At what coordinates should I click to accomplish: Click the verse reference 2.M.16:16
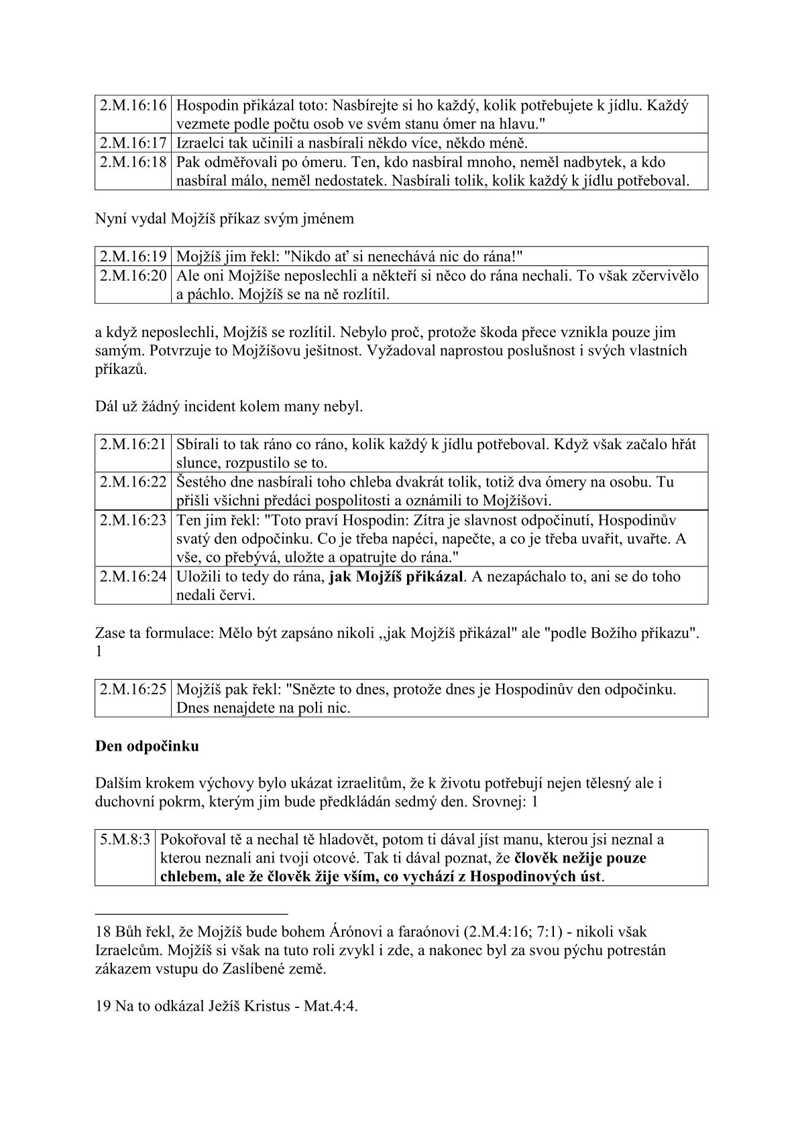pyautogui.click(x=133, y=106)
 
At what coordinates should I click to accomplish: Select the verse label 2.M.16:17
pyautogui.click(x=133, y=143)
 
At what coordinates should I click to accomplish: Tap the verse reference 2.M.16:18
pyautogui.click(x=133, y=162)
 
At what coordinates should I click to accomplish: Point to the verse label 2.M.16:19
pyautogui.click(x=133, y=256)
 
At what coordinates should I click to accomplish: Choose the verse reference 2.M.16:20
pyautogui.click(x=133, y=275)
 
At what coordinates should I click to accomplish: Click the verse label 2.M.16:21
pyautogui.click(x=133, y=444)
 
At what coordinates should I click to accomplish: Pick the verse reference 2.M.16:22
pyautogui.click(x=133, y=482)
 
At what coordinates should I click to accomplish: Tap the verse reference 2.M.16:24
pyautogui.click(x=133, y=576)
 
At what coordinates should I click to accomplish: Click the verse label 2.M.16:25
pyautogui.click(x=133, y=689)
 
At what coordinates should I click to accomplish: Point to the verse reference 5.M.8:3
pyautogui.click(x=125, y=839)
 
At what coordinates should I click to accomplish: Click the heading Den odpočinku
pyautogui.click(x=147, y=746)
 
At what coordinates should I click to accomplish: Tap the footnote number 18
pyautogui.click(x=103, y=932)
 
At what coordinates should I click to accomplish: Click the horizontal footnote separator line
pyautogui.click(x=191, y=913)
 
